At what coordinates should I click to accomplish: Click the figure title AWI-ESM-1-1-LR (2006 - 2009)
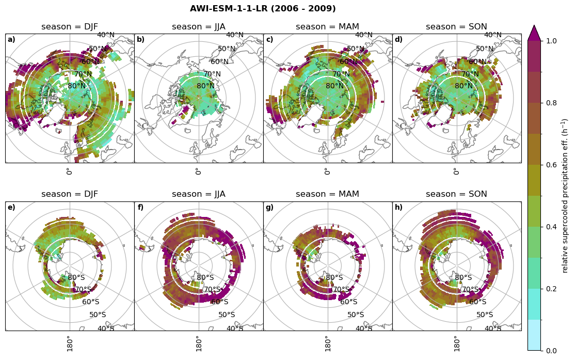click(263, 9)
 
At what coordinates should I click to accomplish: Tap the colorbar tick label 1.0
click(551, 41)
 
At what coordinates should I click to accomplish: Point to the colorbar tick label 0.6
click(551, 165)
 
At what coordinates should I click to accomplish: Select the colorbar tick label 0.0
click(551, 351)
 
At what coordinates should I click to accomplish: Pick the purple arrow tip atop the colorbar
click(534, 32)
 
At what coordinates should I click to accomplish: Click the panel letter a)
click(11, 40)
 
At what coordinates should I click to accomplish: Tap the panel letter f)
click(140, 208)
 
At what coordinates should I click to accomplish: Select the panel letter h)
click(398, 208)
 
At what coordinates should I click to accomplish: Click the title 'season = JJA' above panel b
click(199, 27)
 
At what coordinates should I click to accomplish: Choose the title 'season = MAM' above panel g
click(328, 194)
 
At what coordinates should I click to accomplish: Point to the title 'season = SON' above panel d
click(457, 27)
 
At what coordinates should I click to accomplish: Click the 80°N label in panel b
click(205, 86)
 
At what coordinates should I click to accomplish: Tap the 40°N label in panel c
click(364, 35)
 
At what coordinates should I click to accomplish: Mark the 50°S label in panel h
click(485, 315)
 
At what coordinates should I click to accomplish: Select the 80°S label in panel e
click(76, 278)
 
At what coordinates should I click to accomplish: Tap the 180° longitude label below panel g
click(327, 343)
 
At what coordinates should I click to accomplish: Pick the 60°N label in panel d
click(477, 62)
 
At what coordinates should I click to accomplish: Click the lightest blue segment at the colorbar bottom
click(534, 335)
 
